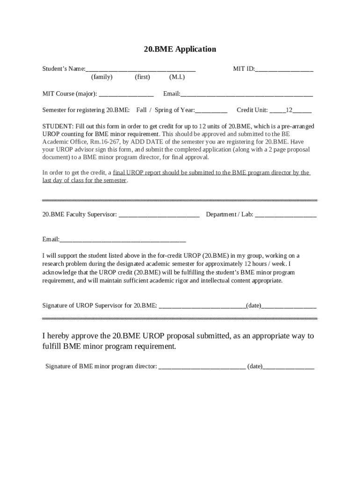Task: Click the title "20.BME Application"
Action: pos(180,49)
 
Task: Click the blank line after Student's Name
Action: pos(140,70)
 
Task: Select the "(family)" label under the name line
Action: pos(102,77)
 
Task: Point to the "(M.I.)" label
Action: pos(177,77)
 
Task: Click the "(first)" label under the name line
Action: pos(142,77)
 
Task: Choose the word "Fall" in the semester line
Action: pos(141,110)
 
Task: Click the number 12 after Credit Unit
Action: pos(289,110)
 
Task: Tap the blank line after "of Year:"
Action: pos(211,111)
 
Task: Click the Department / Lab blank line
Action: pos(286,215)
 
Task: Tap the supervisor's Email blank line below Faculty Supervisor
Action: pos(122,240)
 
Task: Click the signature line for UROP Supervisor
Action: pos(202,306)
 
